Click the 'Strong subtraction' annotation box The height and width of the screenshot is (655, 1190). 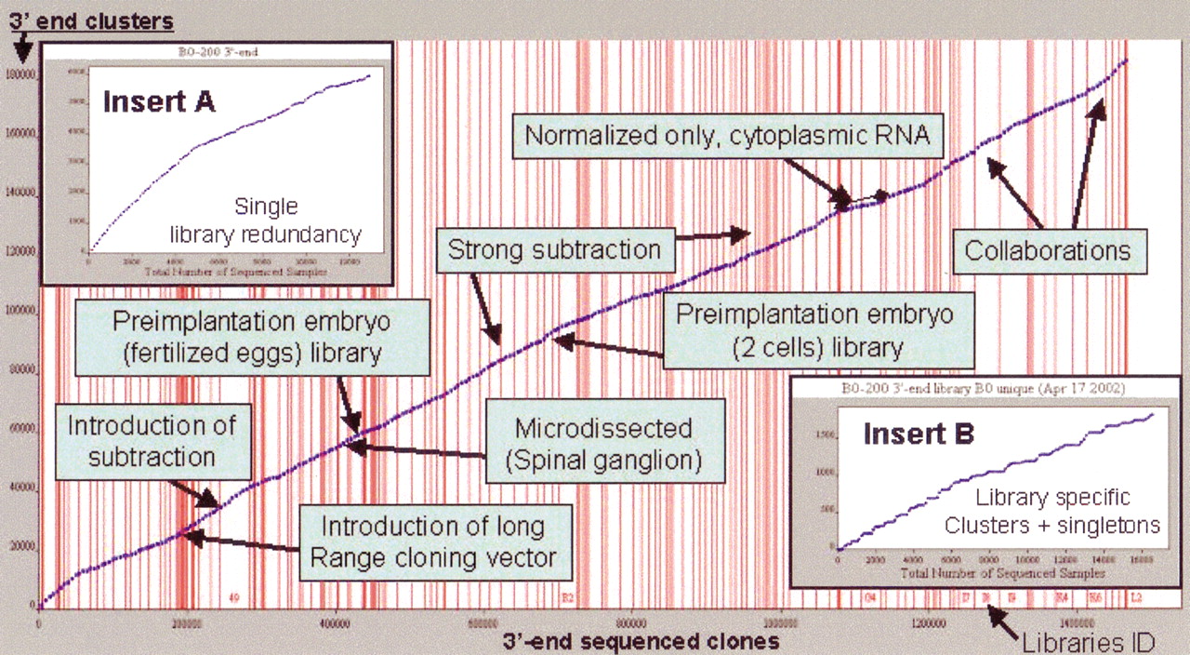point(554,248)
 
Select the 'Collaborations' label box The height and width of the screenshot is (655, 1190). point(1047,250)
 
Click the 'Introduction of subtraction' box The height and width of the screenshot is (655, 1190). point(152,441)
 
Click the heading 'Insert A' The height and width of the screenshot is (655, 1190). point(159,100)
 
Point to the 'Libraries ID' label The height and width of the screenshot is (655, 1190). point(1087,641)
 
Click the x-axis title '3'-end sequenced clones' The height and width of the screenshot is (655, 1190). point(641,641)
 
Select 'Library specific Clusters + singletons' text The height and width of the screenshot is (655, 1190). point(1052,510)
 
